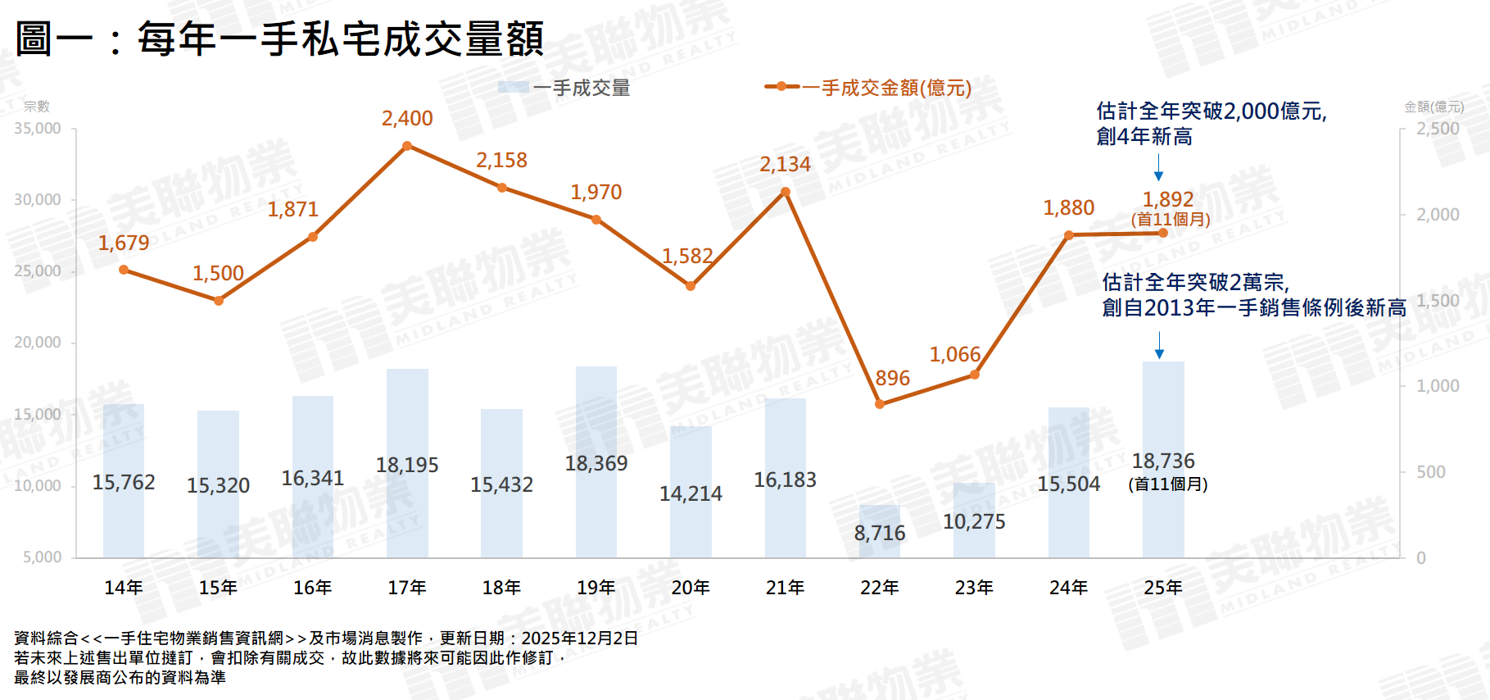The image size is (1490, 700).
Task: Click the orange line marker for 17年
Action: pyautogui.click(x=407, y=146)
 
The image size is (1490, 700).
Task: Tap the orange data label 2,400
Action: pyautogui.click(x=407, y=118)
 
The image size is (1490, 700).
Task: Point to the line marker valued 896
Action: pyautogui.click(x=880, y=404)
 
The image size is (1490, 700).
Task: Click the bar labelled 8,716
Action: pyautogui.click(x=880, y=532)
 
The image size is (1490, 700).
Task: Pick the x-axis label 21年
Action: pyautogui.click(x=785, y=588)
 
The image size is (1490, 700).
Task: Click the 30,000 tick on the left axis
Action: pyautogui.click(x=38, y=199)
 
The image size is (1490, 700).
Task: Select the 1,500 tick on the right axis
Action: pyautogui.click(x=1438, y=300)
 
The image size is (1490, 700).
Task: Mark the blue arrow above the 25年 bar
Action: pyautogui.click(x=1159, y=345)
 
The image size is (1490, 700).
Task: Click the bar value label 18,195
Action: pyautogui.click(x=407, y=465)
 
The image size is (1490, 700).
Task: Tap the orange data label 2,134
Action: pyautogui.click(x=785, y=164)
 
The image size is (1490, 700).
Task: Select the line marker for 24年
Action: pyautogui.click(x=1069, y=235)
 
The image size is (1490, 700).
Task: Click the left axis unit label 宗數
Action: pyautogui.click(x=37, y=107)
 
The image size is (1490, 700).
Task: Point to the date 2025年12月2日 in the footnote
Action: pyautogui.click(x=579, y=638)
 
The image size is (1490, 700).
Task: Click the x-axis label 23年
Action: pyautogui.click(x=974, y=588)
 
